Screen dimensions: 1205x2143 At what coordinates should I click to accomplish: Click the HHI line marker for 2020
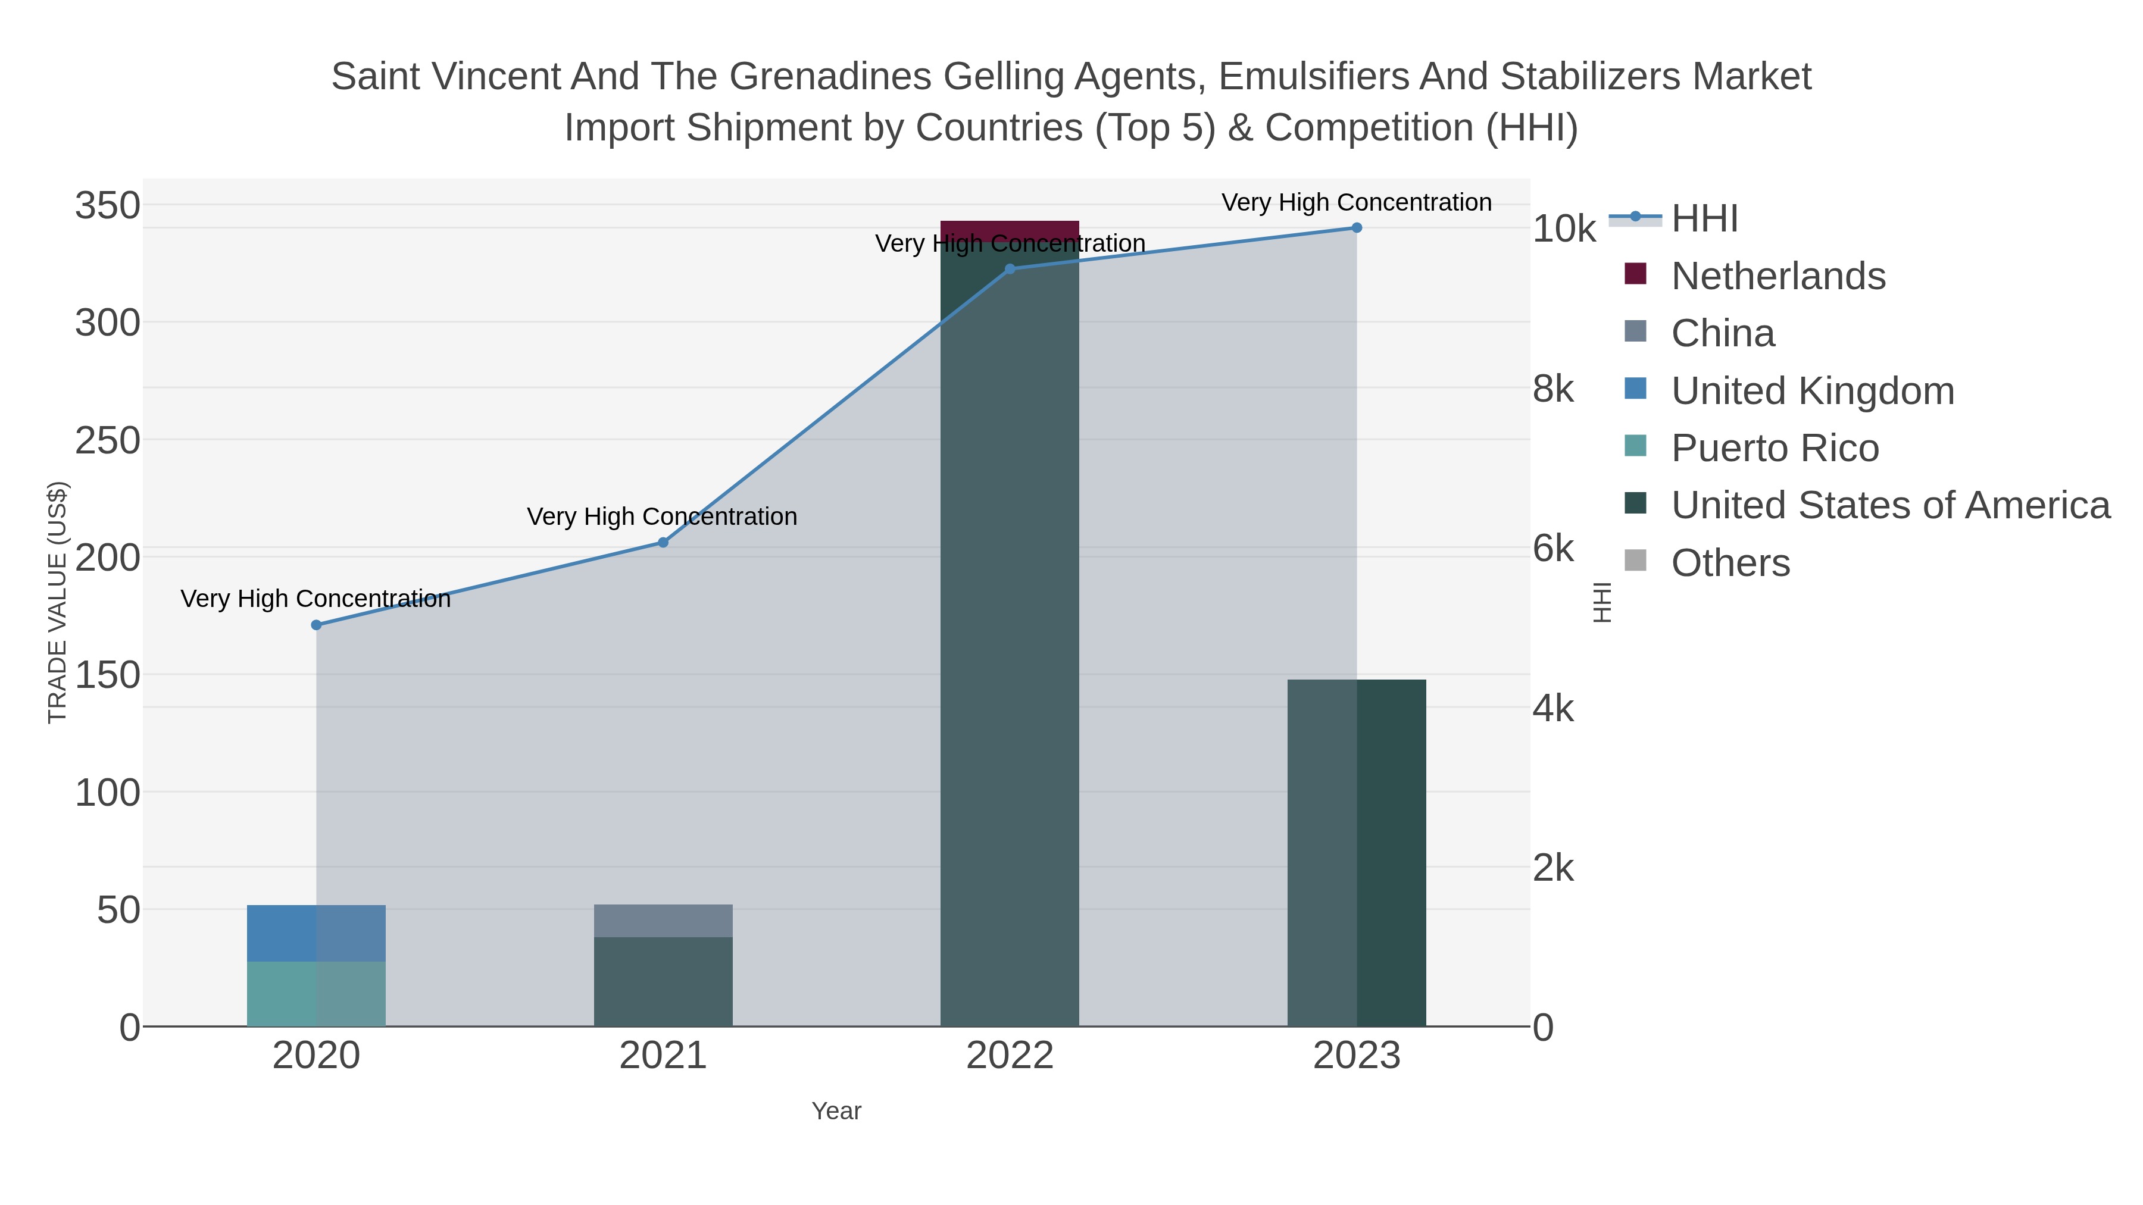(x=316, y=625)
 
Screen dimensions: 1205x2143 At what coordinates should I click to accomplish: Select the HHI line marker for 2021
(x=663, y=542)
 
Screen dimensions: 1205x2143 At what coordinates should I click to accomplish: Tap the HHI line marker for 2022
(x=1010, y=268)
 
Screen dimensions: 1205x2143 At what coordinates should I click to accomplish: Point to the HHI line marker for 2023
(x=1357, y=228)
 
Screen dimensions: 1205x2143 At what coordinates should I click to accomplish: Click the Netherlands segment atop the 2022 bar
(x=1010, y=230)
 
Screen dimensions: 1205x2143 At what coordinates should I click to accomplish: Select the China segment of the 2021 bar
(x=663, y=921)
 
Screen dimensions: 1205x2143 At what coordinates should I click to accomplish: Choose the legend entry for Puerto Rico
(x=1775, y=448)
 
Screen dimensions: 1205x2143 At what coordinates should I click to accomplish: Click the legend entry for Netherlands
(x=1777, y=276)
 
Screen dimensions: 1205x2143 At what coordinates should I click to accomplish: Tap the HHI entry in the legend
(x=1704, y=219)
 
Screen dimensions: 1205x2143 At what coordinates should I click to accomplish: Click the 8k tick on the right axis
(x=1553, y=389)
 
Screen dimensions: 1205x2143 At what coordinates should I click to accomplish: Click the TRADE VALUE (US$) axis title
(x=57, y=602)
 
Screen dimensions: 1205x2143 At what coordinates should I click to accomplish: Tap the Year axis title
(x=836, y=1111)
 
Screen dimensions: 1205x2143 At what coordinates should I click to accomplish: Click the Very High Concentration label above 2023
(x=1356, y=202)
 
